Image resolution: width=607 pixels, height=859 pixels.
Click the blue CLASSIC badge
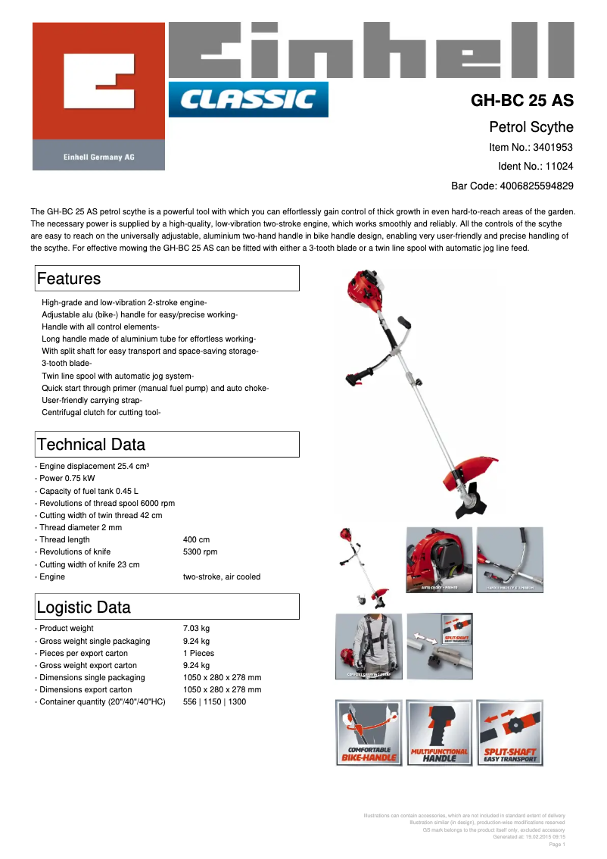[x=248, y=99]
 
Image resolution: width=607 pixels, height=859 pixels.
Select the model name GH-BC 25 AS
[x=522, y=101]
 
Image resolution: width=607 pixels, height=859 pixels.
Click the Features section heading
[x=69, y=279]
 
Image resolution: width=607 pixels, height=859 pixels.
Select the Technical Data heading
[x=91, y=445]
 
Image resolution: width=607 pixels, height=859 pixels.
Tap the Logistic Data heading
[x=83, y=608]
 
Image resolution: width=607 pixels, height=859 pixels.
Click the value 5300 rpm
[x=200, y=552]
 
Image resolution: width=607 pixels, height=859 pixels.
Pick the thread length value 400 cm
[x=195, y=539]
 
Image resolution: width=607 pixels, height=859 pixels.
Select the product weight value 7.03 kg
[x=196, y=629]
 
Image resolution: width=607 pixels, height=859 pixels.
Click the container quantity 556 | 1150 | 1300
[x=214, y=702]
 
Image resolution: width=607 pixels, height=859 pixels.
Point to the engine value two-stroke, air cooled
[x=222, y=577]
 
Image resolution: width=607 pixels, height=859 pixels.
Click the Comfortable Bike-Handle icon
[x=369, y=732]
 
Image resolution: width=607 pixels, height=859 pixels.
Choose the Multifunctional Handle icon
[x=439, y=732]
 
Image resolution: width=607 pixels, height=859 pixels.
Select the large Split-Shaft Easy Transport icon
[x=510, y=732]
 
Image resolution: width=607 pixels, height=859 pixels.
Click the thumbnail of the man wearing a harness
[x=369, y=646]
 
